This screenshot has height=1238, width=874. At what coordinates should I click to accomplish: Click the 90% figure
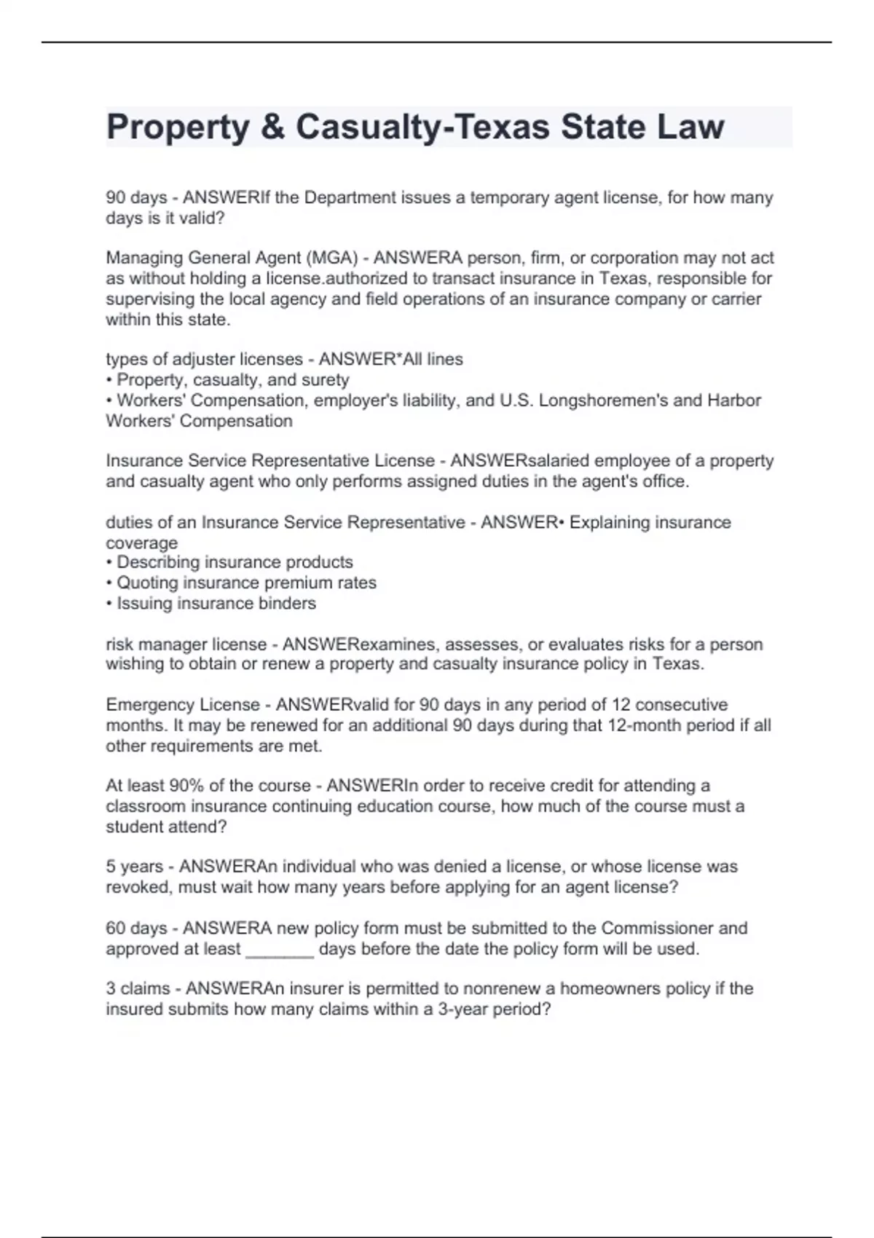pos(186,786)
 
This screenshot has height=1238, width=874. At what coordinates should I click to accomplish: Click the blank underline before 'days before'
pos(280,950)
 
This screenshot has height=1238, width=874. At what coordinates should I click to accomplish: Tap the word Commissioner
pos(657,928)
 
